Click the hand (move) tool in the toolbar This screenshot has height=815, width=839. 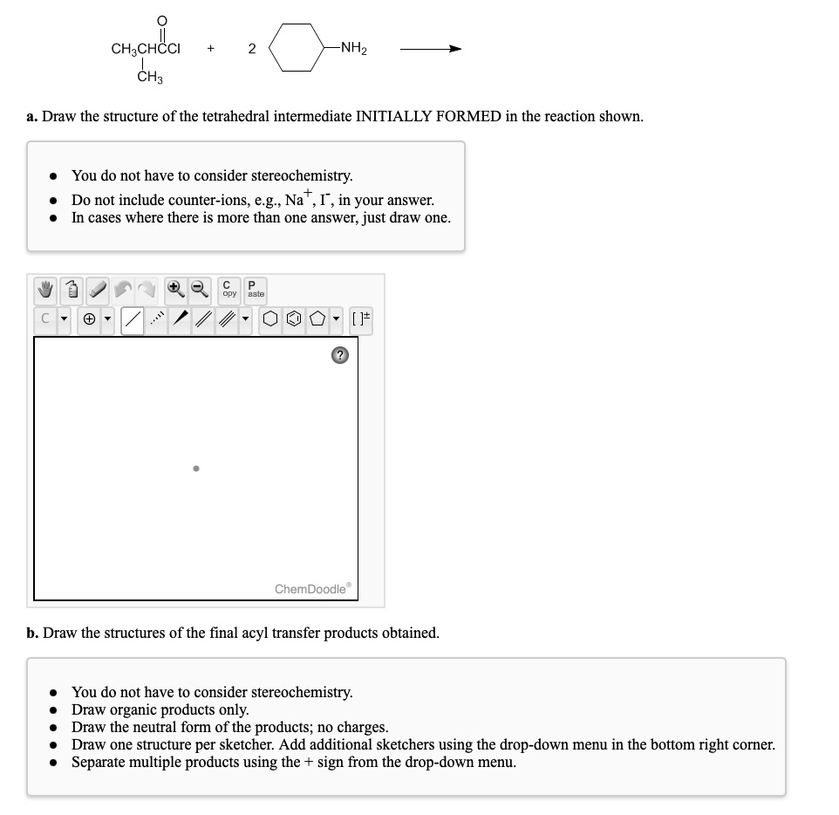click(x=47, y=289)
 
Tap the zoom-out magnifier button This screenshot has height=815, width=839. click(x=200, y=289)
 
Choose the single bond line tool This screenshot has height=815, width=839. click(x=133, y=319)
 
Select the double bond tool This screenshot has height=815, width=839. click(x=206, y=319)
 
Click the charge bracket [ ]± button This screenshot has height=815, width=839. click(x=360, y=319)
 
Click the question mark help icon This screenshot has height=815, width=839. click(x=341, y=355)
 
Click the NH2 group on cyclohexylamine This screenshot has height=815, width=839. click(x=353, y=48)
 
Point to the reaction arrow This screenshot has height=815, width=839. click(x=430, y=49)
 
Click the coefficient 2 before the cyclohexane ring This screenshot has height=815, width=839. click(x=251, y=49)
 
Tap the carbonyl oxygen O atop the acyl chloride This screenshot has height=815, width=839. click(x=159, y=20)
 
